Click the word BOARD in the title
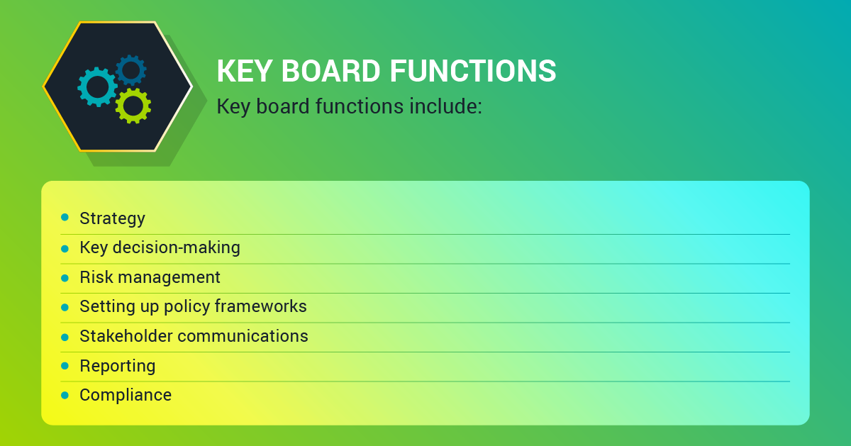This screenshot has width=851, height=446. coord(330,71)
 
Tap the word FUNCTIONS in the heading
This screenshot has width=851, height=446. coord(473,71)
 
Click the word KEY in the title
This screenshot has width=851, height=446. coord(244,71)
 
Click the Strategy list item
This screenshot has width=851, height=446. coord(113,219)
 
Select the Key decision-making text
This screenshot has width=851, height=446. coord(160,247)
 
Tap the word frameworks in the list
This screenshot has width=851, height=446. coord(261,306)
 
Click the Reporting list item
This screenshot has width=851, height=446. coord(118,366)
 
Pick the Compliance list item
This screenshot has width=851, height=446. coord(126,395)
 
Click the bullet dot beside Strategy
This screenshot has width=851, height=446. coord(65,217)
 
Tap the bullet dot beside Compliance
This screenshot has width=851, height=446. coord(65,396)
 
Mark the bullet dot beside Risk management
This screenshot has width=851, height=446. coord(65,278)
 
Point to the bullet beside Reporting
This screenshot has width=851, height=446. coord(65,366)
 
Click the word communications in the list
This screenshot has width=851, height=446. coord(243,336)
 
